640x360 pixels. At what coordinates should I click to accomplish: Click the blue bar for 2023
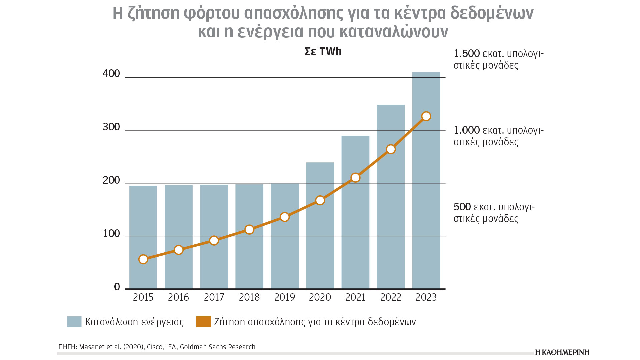tap(426, 200)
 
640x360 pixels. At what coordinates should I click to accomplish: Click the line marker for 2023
tap(426, 116)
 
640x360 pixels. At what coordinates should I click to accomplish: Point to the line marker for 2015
tap(143, 259)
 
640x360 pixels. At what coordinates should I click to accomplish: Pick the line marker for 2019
tap(285, 217)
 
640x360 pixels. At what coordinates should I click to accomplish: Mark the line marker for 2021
tap(355, 178)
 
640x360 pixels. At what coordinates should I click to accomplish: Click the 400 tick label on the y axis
tap(111, 74)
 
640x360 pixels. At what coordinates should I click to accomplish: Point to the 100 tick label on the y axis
tap(111, 234)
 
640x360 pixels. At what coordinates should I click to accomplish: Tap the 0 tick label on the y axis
tap(117, 287)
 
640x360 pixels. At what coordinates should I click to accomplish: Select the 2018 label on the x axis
tap(249, 297)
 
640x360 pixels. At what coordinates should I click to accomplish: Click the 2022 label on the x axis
tap(391, 297)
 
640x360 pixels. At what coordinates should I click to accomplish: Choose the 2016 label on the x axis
tap(178, 297)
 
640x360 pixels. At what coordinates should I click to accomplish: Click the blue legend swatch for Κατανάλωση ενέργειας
tap(74, 322)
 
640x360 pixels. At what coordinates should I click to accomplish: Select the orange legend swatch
tap(203, 322)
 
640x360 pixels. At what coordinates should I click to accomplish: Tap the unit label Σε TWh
tap(323, 52)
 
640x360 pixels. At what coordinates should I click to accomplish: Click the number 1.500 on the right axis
tap(467, 54)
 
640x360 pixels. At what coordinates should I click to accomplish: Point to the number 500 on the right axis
tap(462, 207)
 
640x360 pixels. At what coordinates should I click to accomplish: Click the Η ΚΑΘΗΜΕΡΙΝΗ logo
tap(562, 352)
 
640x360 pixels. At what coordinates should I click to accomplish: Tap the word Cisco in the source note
tap(155, 347)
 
